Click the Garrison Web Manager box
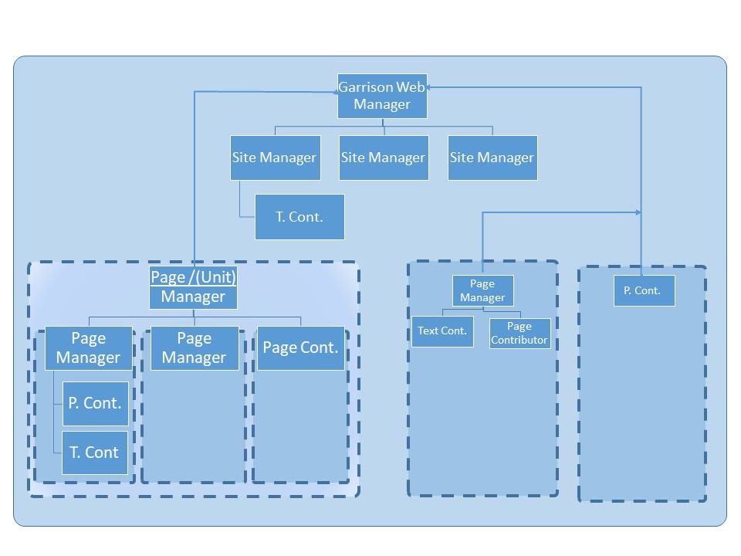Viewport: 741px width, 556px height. (382, 96)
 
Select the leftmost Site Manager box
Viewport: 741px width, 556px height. (275, 158)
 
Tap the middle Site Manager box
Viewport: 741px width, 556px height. (384, 158)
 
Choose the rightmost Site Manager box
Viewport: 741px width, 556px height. (492, 158)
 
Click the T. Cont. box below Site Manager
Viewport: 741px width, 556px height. (299, 217)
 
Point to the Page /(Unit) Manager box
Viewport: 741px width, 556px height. (193, 287)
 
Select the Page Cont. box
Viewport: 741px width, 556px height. (300, 347)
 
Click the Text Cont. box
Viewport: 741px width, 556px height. (442, 331)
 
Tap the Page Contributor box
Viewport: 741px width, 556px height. (519, 334)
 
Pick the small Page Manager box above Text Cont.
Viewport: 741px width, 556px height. (482, 291)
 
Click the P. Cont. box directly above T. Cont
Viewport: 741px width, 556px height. (95, 403)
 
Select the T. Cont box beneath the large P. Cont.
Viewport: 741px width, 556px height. (95, 453)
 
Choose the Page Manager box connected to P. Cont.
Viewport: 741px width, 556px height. (88, 347)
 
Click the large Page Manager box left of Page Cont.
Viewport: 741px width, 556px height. (194, 347)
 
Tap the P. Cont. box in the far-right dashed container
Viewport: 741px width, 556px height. (644, 290)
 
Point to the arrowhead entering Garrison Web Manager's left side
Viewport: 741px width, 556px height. (334, 92)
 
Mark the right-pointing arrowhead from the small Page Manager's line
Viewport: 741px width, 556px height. (638, 212)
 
